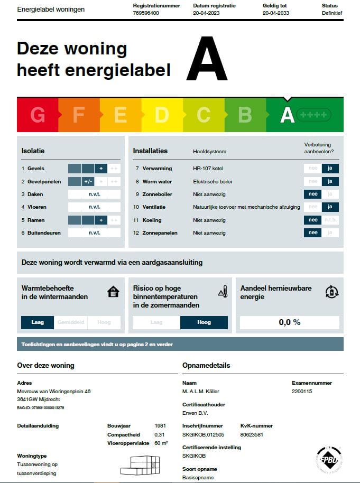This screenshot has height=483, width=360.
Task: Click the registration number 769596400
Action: coord(146,13)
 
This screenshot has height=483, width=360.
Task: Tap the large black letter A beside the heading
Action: coord(206,59)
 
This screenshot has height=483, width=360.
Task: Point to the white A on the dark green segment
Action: coord(287,115)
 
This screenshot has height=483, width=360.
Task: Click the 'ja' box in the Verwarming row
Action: coord(330,169)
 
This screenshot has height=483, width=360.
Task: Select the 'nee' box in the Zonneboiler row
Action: coord(313,194)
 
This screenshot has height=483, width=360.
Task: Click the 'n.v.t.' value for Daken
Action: coord(95,194)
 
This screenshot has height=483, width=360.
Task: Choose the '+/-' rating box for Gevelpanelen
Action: coord(88,182)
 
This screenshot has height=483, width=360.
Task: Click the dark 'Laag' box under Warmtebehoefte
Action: coord(38,322)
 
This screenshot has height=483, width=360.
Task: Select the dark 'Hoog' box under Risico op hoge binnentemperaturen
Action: coord(204,322)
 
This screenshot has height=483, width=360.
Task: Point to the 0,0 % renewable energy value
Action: coord(290,322)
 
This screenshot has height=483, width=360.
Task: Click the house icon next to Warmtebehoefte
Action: coord(113,292)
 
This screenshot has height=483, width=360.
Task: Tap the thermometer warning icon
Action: coord(223,292)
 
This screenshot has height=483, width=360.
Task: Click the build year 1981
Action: coord(160,425)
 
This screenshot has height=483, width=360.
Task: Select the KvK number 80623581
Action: coord(252,435)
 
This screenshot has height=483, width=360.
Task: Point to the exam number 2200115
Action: coord(302,392)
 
